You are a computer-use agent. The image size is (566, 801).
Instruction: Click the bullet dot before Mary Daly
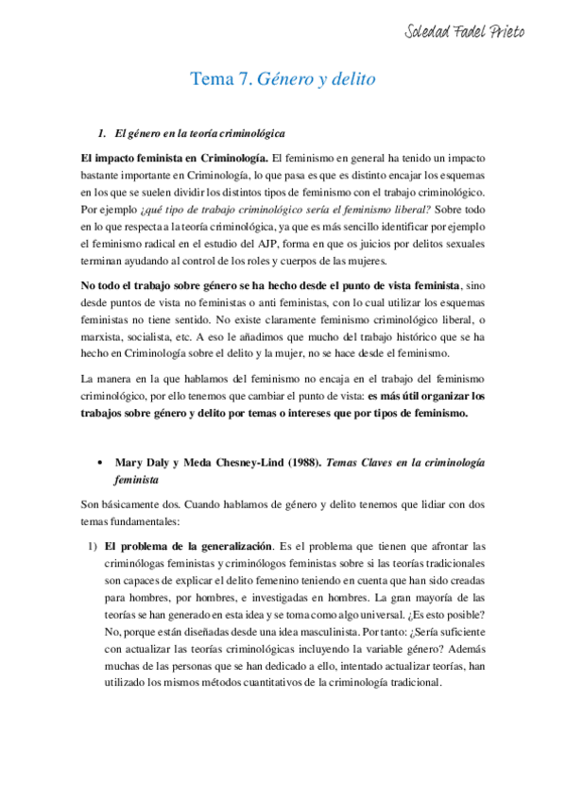(100, 462)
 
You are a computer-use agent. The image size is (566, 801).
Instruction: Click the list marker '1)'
(91, 546)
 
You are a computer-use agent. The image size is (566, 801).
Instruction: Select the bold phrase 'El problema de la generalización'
(189, 546)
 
